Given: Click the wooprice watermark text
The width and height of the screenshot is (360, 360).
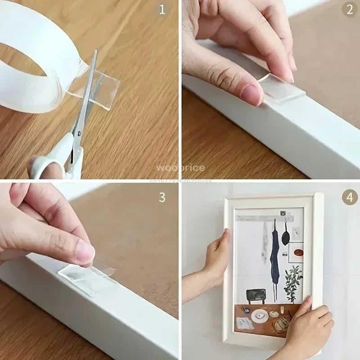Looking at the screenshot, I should [x=180, y=168].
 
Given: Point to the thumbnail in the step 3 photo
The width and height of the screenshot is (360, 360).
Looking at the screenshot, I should [x=84, y=253].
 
